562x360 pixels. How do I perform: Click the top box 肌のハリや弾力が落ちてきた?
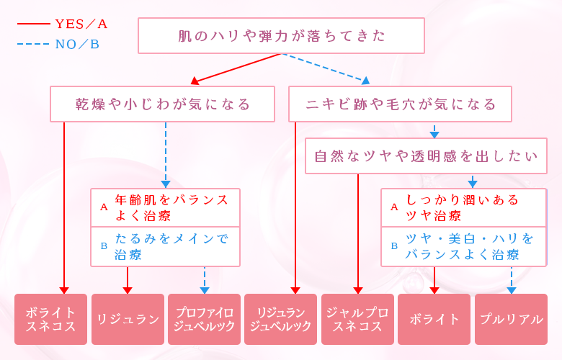click(281, 36)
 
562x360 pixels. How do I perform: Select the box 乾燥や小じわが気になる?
click(162, 104)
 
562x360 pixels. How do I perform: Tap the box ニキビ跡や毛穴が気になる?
click(400, 104)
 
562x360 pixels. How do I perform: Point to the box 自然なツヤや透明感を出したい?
click(427, 156)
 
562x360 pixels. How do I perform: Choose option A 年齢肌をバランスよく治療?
click(165, 207)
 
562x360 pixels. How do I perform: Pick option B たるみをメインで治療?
click(165, 246)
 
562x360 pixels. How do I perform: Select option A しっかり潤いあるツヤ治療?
click(463, 207)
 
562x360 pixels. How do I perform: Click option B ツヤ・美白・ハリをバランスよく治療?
click(463, 246)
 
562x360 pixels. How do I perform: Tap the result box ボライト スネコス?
click(50, 319)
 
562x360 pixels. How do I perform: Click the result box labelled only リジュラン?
click(128, 319)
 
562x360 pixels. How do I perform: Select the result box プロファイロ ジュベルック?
click(204, 319)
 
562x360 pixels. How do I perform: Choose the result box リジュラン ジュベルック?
click(281, 319)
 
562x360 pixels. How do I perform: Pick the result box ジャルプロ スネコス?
click(357, 319)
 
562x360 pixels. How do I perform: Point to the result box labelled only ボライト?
click(434, 319)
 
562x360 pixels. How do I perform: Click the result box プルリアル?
click(511, 319)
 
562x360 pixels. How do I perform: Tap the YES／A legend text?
click(81, 24)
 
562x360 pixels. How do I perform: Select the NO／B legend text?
click(77, 45)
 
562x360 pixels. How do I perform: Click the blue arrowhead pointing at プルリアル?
click(512, 290)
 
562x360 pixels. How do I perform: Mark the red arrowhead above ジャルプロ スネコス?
click(358, 290)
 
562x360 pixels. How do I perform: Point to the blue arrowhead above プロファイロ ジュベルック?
click(205, 290)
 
